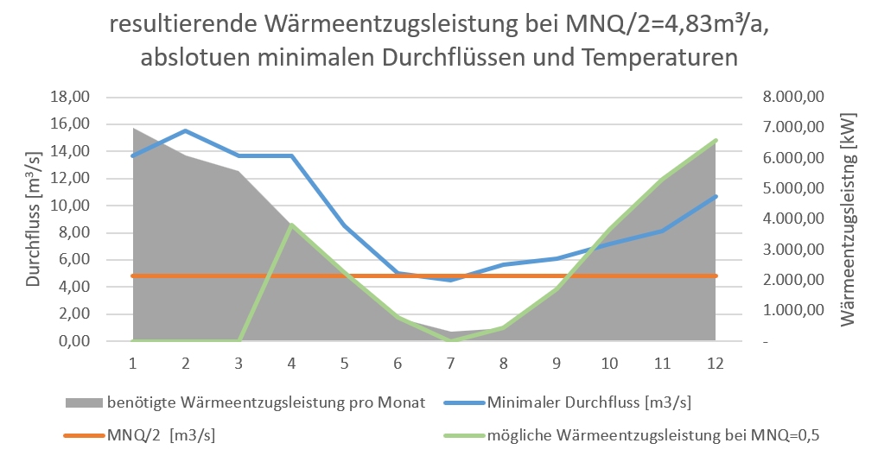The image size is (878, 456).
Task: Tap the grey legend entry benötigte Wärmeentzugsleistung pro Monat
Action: pyautogui.click(x=259, y=402)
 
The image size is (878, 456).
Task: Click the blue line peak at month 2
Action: pyautogui.click(x=185, y=130)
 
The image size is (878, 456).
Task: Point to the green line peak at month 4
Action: pyautogui.click(x=292, y=225)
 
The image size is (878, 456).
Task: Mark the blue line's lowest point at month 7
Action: pyautogui.click(x=449, y=280)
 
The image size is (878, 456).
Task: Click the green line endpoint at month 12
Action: pyautogui.click(x=716, y=140)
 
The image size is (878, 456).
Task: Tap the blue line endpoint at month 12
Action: pyautogui.click(x=716, y=196)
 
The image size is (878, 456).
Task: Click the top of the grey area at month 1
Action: pyautogui.click(x=132, y=129)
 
